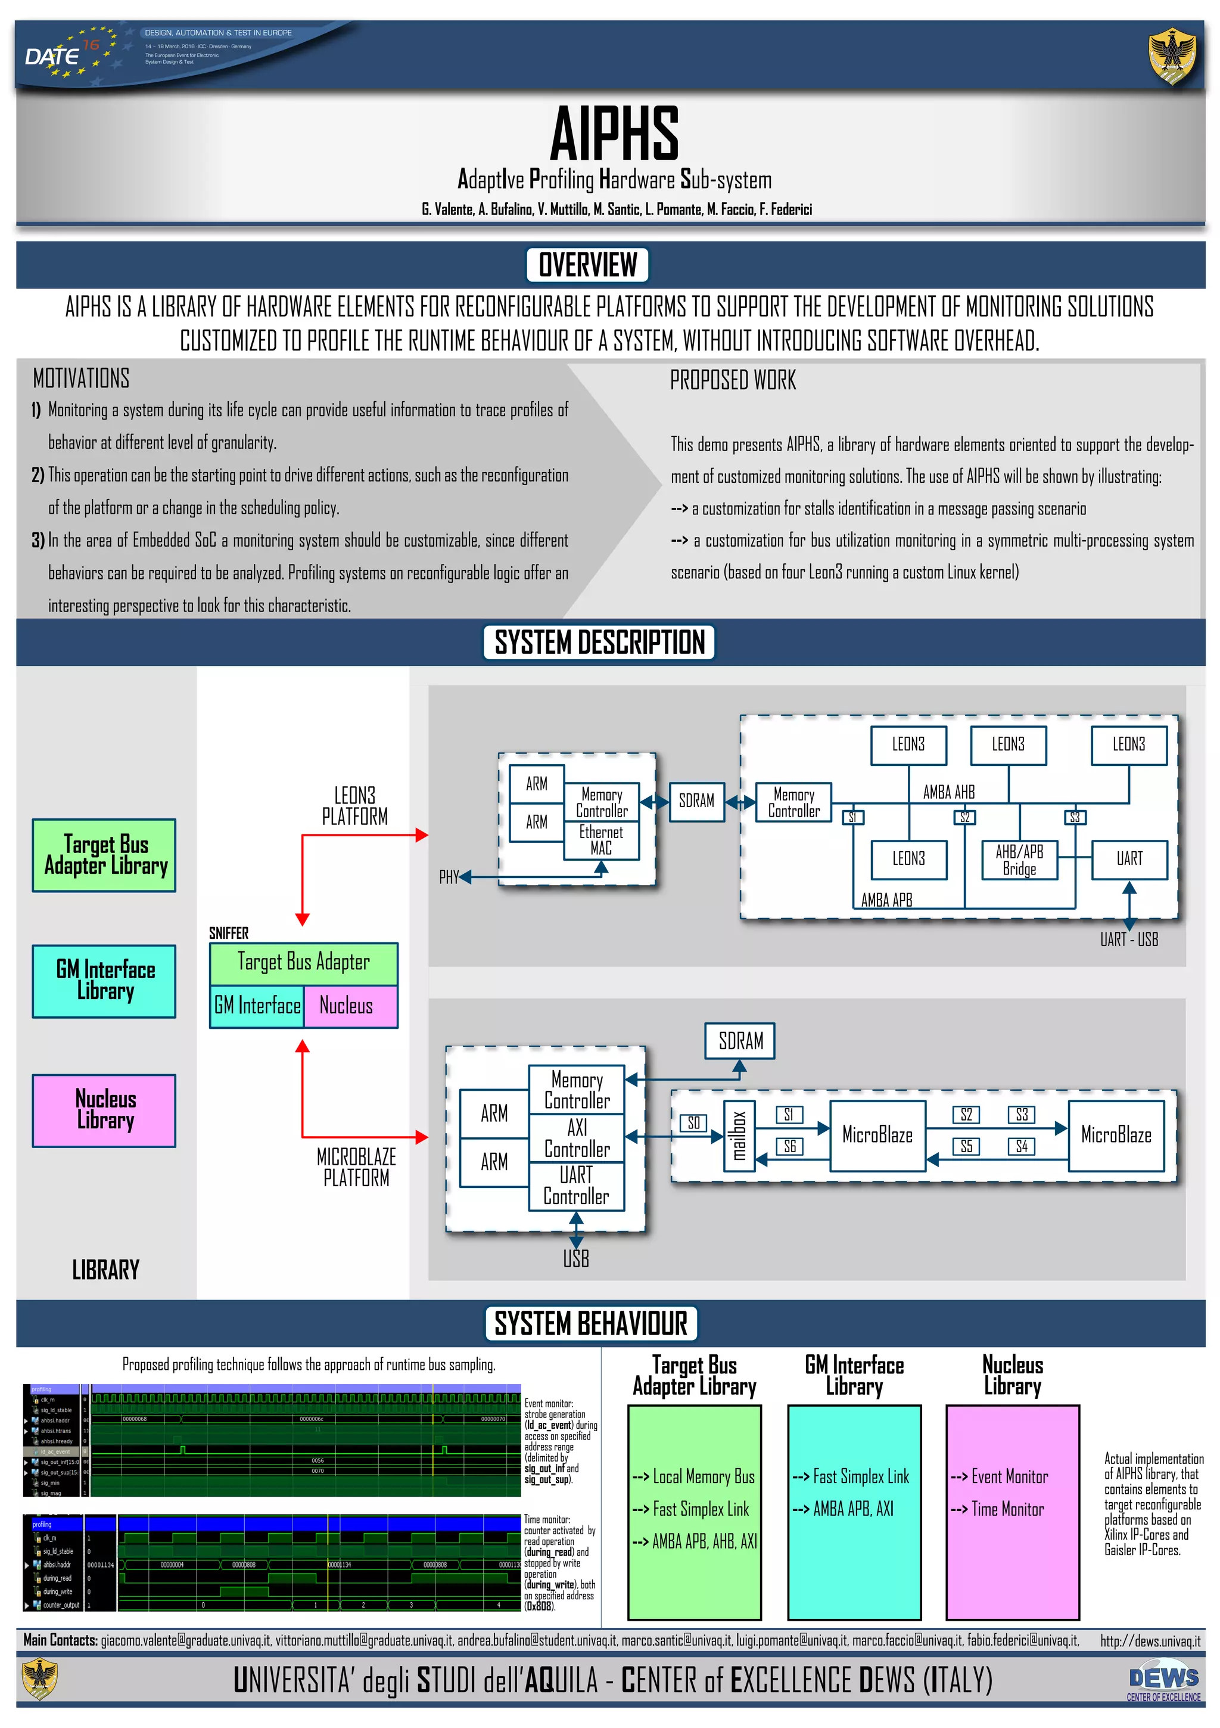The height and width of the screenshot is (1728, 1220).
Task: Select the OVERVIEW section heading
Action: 587,265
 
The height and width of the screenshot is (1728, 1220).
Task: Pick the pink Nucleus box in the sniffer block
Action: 350,1006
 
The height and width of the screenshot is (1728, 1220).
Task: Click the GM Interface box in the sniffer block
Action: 257,1006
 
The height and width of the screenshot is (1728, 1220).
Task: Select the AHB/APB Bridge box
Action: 1019,860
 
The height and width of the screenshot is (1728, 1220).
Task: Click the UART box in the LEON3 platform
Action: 1128,859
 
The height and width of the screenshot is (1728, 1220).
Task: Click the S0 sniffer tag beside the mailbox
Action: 693,1123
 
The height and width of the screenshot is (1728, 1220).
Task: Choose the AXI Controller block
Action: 577,1138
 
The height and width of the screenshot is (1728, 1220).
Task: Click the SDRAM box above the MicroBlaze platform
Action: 740,1041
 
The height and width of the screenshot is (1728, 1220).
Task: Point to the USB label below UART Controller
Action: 576,1258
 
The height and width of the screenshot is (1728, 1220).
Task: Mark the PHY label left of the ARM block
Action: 449,877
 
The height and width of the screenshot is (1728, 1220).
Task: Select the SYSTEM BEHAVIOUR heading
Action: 590,1323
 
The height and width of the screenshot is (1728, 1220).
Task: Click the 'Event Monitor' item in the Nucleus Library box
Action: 1009,1476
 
